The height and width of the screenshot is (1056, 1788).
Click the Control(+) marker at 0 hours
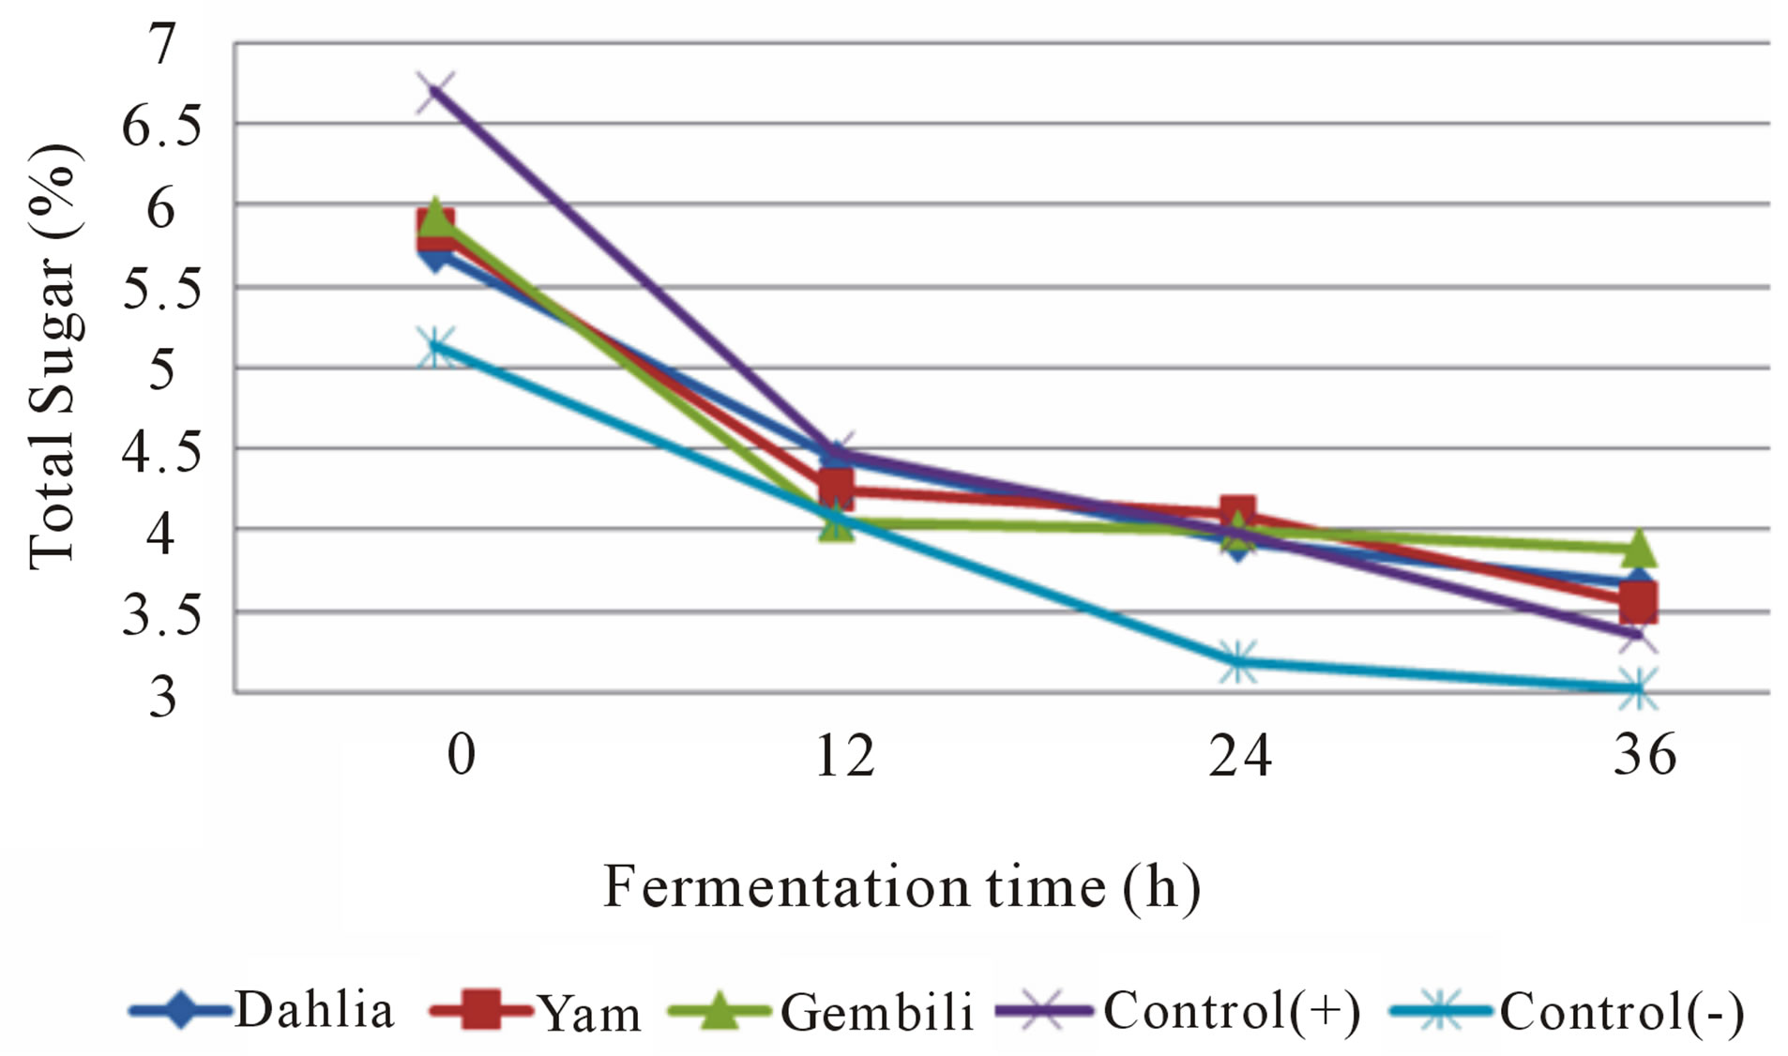pyautogui.click(x=435, y=92)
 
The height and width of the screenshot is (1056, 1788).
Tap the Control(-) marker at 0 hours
pyautogui.click(x=436, y=347)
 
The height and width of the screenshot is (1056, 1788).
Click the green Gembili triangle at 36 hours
pyautogui.click(x=1638, y=548)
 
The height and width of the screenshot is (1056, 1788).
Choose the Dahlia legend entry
pyautogui.click(x=263, y=1011)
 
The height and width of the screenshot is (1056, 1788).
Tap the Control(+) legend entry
pyautogui.click(x=1178, y=1011)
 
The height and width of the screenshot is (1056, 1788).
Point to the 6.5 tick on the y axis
pyautogui.click(x=161, y=126)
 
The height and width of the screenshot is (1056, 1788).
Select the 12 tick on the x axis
pyautogui.click(x=843, y=756)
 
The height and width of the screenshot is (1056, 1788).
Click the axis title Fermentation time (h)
pyautogui.click(x=901, y=887)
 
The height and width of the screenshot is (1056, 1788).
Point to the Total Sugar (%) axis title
pyautogui.click(x=53, y=356)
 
